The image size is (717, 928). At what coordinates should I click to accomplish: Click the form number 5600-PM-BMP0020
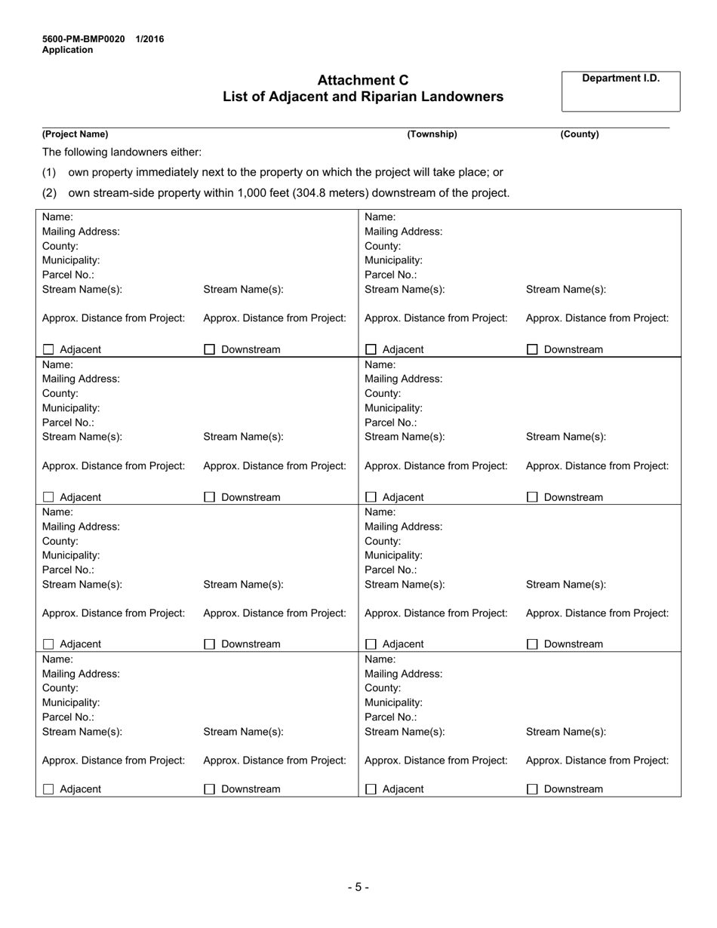tap(84, 39)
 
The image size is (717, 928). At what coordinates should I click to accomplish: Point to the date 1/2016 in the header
tap(150, 39)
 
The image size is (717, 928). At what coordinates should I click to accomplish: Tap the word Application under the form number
tap(68, 50)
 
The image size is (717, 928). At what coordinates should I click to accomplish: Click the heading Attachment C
tap(362, 80)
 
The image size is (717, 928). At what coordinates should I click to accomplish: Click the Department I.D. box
tap(620, 91)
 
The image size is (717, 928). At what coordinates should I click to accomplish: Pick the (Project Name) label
tap(75, 134)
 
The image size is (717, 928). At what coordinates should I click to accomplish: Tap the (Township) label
tap(432, 134)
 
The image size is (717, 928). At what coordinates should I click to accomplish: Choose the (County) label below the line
tap(579, 134)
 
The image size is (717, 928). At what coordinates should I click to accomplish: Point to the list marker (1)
tap(49, 172)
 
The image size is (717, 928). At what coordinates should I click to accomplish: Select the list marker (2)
tap(49, 192)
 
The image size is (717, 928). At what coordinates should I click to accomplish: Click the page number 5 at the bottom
tap(358, 887)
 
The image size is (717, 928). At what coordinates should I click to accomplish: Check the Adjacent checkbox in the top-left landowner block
tap(49, 350)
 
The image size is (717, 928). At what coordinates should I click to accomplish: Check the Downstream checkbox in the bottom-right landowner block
tap(532, 789)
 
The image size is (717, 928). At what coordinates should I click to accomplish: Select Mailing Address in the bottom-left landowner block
tap(81, 674)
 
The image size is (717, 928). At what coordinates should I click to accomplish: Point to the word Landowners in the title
tap(467, 97)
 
